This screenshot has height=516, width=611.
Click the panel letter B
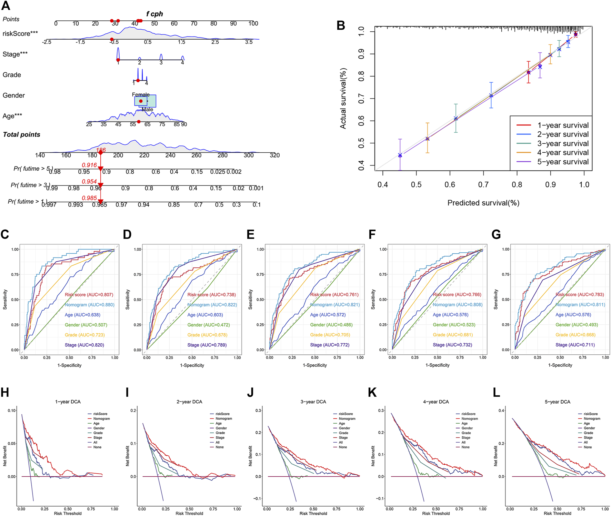pyautogui.click(x=341, y=26)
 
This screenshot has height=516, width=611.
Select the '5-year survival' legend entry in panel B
pyautogui.click(x=563, y=162)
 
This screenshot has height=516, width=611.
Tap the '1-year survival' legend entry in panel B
pyautogui.click(x=563, y=125)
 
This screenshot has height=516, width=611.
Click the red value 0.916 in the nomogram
pyautogui.click(x=89, y=165)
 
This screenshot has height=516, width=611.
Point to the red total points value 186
pyautogui.click(x=101, y=150)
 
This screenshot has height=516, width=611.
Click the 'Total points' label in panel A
pyautogui.click(x=21, y=134)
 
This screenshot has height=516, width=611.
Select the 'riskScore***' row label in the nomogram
pyautogui.click(x=20, y=33)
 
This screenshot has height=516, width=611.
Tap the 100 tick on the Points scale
pyautogui.click(x=253, y=23)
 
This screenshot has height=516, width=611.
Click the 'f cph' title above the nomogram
pyautogui.click(x=154, y=14)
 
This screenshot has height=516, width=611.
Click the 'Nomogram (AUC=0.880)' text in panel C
pyautogui.click(x=89, y=305)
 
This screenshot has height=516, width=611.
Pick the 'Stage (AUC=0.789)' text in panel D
pyautogui.click(x=207, y=345)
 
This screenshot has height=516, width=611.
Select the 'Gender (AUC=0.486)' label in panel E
pyautogui.click(x=331, y=325)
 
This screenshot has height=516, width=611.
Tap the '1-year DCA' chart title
pyautogui.click(x=68, y=402)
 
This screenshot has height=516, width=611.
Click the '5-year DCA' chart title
pyautogui.click(x=558, y=402)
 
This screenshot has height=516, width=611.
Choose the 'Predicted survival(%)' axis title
pyautogui.click(x=483, y=203)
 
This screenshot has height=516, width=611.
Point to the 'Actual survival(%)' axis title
pyautogui.click(x=343, y=98)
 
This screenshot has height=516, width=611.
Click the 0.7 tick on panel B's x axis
pyautogui.click(x=483, y=184)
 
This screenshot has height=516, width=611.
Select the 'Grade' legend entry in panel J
pyautogui.click(x=343, y=433)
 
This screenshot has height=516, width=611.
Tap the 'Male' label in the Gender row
pyautogui.click(x=147, y=109)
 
